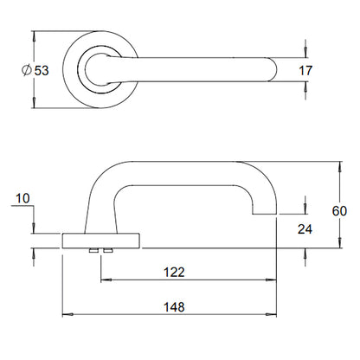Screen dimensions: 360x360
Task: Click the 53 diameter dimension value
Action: coord(42,70)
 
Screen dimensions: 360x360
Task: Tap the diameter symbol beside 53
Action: coord(27,70)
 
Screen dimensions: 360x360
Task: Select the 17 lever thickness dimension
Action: coord(305,70)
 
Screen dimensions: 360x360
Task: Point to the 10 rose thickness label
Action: coord(22,198)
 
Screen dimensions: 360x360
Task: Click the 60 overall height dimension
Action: coord(339,211)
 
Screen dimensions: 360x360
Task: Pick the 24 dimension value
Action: coord(305,229)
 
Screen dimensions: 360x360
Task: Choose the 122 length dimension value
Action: coord(174,272)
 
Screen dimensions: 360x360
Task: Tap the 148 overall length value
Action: coord(174,307)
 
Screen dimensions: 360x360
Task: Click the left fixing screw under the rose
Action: coord(93,250)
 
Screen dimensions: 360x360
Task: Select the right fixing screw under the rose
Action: coord(108,250)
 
